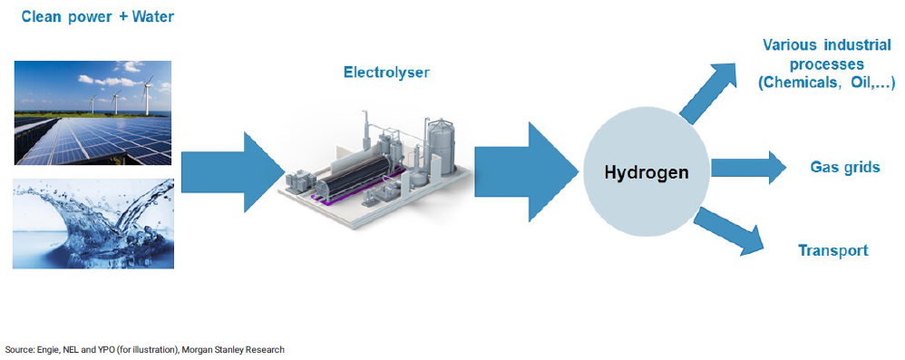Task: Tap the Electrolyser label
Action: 385,72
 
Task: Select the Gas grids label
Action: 844,167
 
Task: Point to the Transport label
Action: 832,250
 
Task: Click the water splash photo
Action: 93,224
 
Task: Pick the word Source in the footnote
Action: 17,349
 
